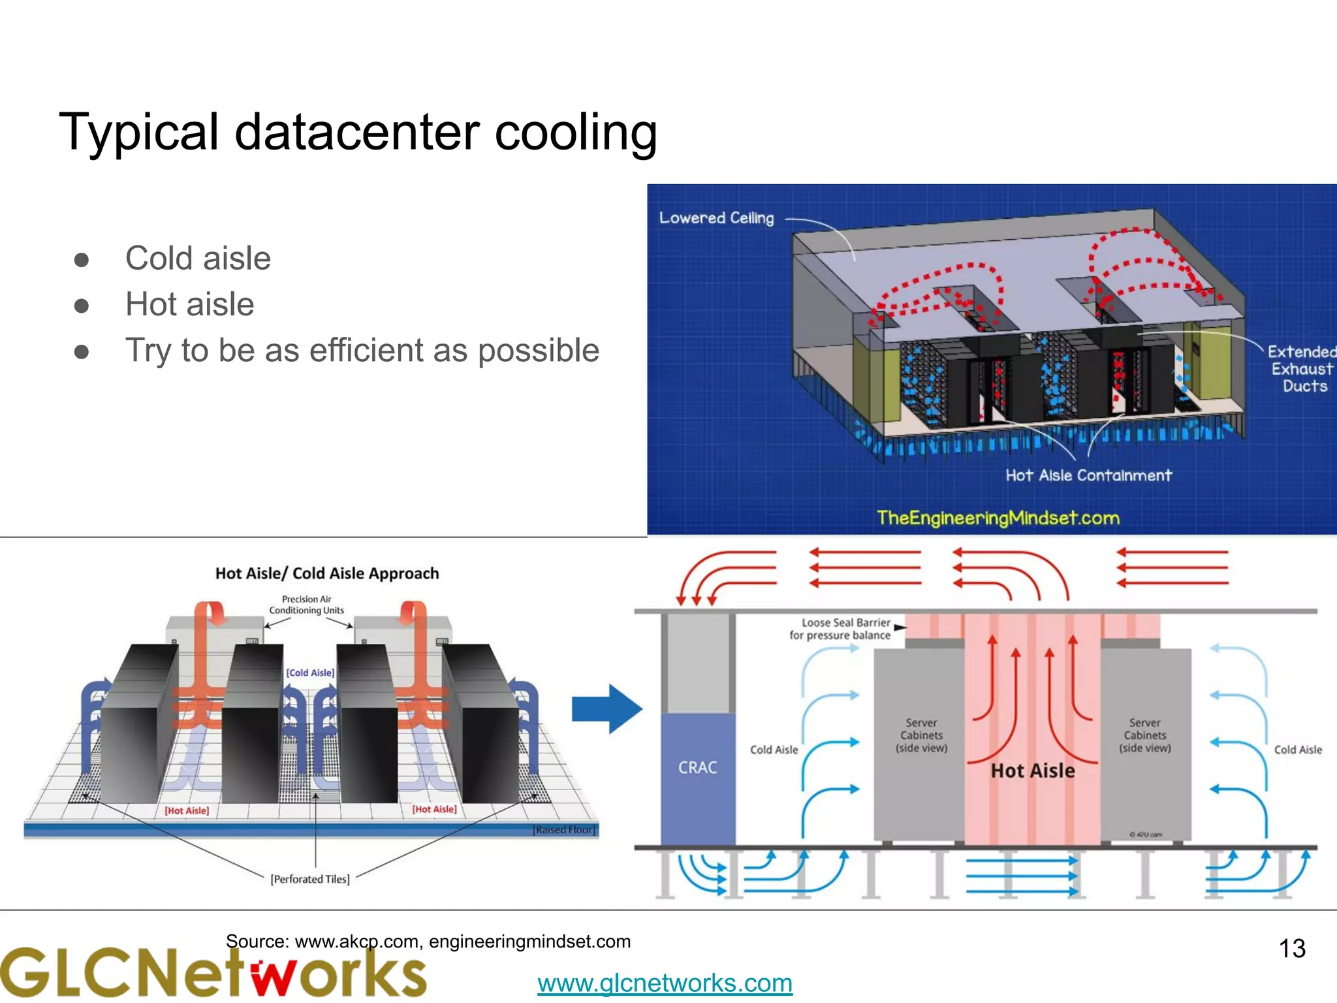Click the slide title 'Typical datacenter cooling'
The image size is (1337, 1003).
pyautogui.click(x=358, y=133)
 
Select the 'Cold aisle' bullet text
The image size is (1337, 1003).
pyautogui.click(x=198, y=258)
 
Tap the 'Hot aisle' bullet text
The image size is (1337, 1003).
pyautogui.click(x=189, y=304)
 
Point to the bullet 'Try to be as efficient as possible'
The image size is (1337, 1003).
pyautogui.click(x=362, y=351)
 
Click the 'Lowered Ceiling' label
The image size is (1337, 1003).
pyautogui.click(x=716, y=218)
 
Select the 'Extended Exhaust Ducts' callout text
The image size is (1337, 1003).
pyautogui.click(x=1301, y=369)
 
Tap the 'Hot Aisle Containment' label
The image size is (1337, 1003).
pyautogui.click(x=1088, y=475)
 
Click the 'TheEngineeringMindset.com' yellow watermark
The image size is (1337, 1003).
pyautogui.click(x=998, y=518)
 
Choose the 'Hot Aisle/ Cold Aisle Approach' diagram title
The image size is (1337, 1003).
pyautogui.click(x=327, y=573)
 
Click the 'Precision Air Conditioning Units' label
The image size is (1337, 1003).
pyautogui.click(x=306, y=605)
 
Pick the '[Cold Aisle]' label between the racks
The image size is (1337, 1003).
pyautogui.click(x=310, y=673)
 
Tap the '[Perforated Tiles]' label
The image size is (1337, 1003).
pyautogui.click(x=310, y=879)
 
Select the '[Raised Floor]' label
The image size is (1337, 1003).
pyautogui.click(x=565, y=830)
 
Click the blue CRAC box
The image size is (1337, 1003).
pyautogui.click(x=697, y=777)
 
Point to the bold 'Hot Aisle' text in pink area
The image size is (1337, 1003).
pyautogui.click(x=1032, y=771)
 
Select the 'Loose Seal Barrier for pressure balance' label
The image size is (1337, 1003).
pyautogui.click(x=840, y=629)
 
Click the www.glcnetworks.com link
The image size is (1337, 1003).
pyautogui.click(x=665, y=983)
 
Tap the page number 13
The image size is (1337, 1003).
pyautogui.click(x=1291, y=949)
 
